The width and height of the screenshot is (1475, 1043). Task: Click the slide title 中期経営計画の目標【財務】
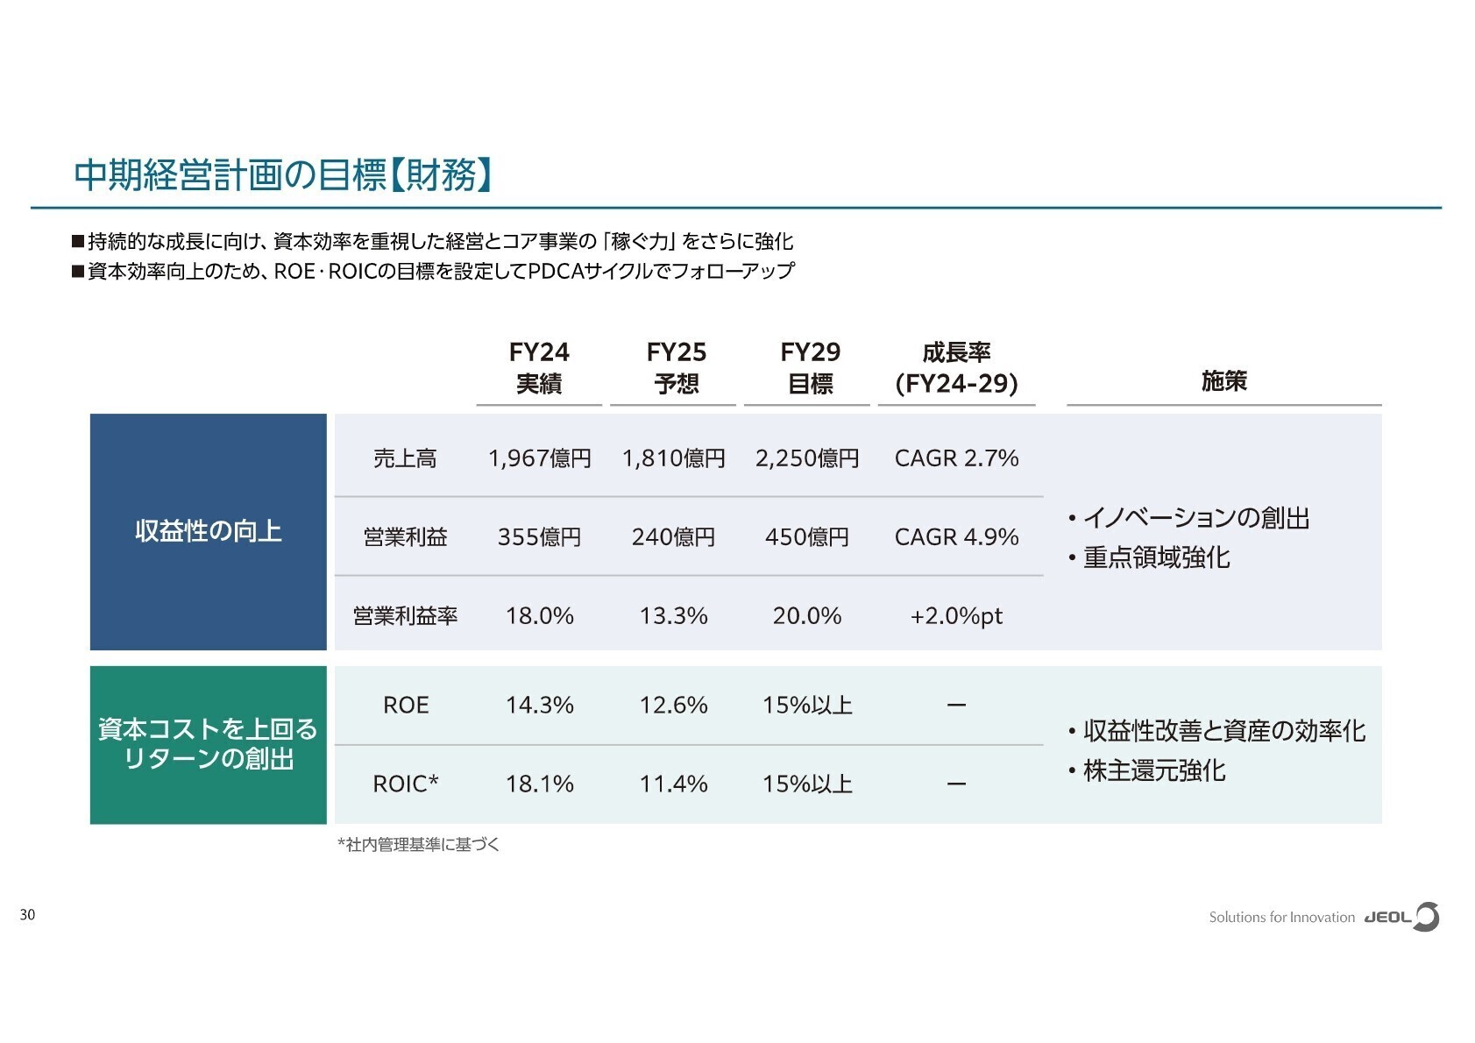coord(282,174)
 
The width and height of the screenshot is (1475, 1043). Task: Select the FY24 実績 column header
coord(539,367)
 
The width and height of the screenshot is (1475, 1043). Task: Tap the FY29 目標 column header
coord(810,367)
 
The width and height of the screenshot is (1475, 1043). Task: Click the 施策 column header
coord(1223,380)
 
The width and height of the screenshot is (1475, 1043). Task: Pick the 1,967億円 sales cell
coord(539,458)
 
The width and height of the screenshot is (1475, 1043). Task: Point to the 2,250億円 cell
coord(807,458)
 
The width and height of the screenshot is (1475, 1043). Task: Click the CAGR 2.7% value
coord(956,458)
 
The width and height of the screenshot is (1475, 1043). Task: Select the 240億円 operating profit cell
coord(673,536)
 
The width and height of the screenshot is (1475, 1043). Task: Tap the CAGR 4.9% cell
coord(956,536)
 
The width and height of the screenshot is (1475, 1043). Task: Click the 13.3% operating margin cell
coord(673,615)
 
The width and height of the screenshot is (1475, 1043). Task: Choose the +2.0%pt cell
coord(956,615)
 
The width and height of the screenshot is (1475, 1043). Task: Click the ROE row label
coord(406,705)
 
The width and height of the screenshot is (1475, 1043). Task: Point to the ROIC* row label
coord(406,784)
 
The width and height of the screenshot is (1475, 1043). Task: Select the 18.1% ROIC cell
coord(539,784)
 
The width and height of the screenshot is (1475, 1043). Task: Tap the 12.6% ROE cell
coord(673,705)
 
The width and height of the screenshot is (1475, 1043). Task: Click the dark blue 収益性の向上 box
coord(208,531)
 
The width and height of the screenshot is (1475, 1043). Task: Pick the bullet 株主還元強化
coord(1153,770)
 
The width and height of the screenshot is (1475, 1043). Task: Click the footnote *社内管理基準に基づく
coord(418,844)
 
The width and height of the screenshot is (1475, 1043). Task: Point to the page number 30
coord(27,915)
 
